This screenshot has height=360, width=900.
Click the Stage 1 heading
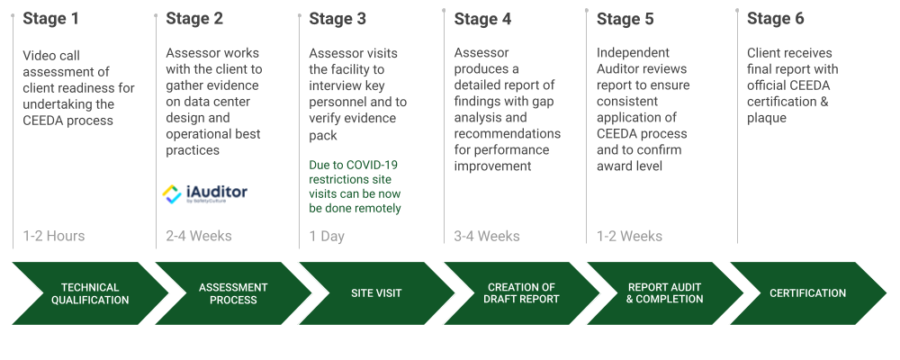[51, 19]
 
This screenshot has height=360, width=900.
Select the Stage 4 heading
[482, 19]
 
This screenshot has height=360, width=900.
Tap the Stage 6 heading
[776, 19]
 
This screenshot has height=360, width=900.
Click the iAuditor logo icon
[172, 194]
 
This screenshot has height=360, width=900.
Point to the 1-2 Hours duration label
[54, 236]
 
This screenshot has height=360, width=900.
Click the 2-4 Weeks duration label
[199, 236]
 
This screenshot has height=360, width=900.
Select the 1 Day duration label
[328, 236]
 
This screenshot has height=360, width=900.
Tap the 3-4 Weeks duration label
[487, 236]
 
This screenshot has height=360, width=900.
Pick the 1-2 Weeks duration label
[630, 236]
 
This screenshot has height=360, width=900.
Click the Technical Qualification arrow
[90, 293]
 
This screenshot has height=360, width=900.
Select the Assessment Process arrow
[233, 293]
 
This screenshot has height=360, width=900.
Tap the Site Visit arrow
[376, 293]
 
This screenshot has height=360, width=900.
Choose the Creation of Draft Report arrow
[521, 293]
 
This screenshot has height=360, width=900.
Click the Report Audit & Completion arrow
[665, 293]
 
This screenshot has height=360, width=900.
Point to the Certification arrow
[807, 293]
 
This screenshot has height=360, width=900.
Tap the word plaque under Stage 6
[766, 118]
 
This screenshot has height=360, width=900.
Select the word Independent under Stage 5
[634, 53]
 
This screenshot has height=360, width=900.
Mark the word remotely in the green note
[377, 209]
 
